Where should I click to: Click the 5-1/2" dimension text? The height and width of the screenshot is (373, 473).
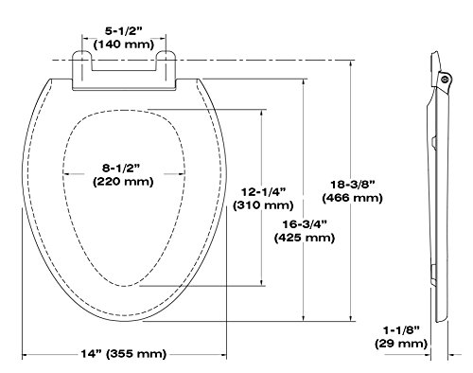(x=124, y=31)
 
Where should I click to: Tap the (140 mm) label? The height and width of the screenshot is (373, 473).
(x=124, y=44)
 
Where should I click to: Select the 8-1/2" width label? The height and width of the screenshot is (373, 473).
(x=120, y=169)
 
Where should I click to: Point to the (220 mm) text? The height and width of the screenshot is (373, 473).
(x=123, y=182)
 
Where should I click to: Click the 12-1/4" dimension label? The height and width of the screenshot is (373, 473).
(x=264, y=192)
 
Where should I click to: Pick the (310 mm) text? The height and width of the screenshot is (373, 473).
(x=263, y=205)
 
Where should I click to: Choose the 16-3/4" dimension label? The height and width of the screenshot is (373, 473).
(x=305, y=224)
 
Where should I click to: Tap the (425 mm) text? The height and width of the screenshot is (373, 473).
(x=305, y=238)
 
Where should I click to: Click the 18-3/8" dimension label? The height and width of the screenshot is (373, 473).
(x=353, y=185)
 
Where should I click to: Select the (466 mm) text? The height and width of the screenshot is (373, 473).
(x=353, y=198)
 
